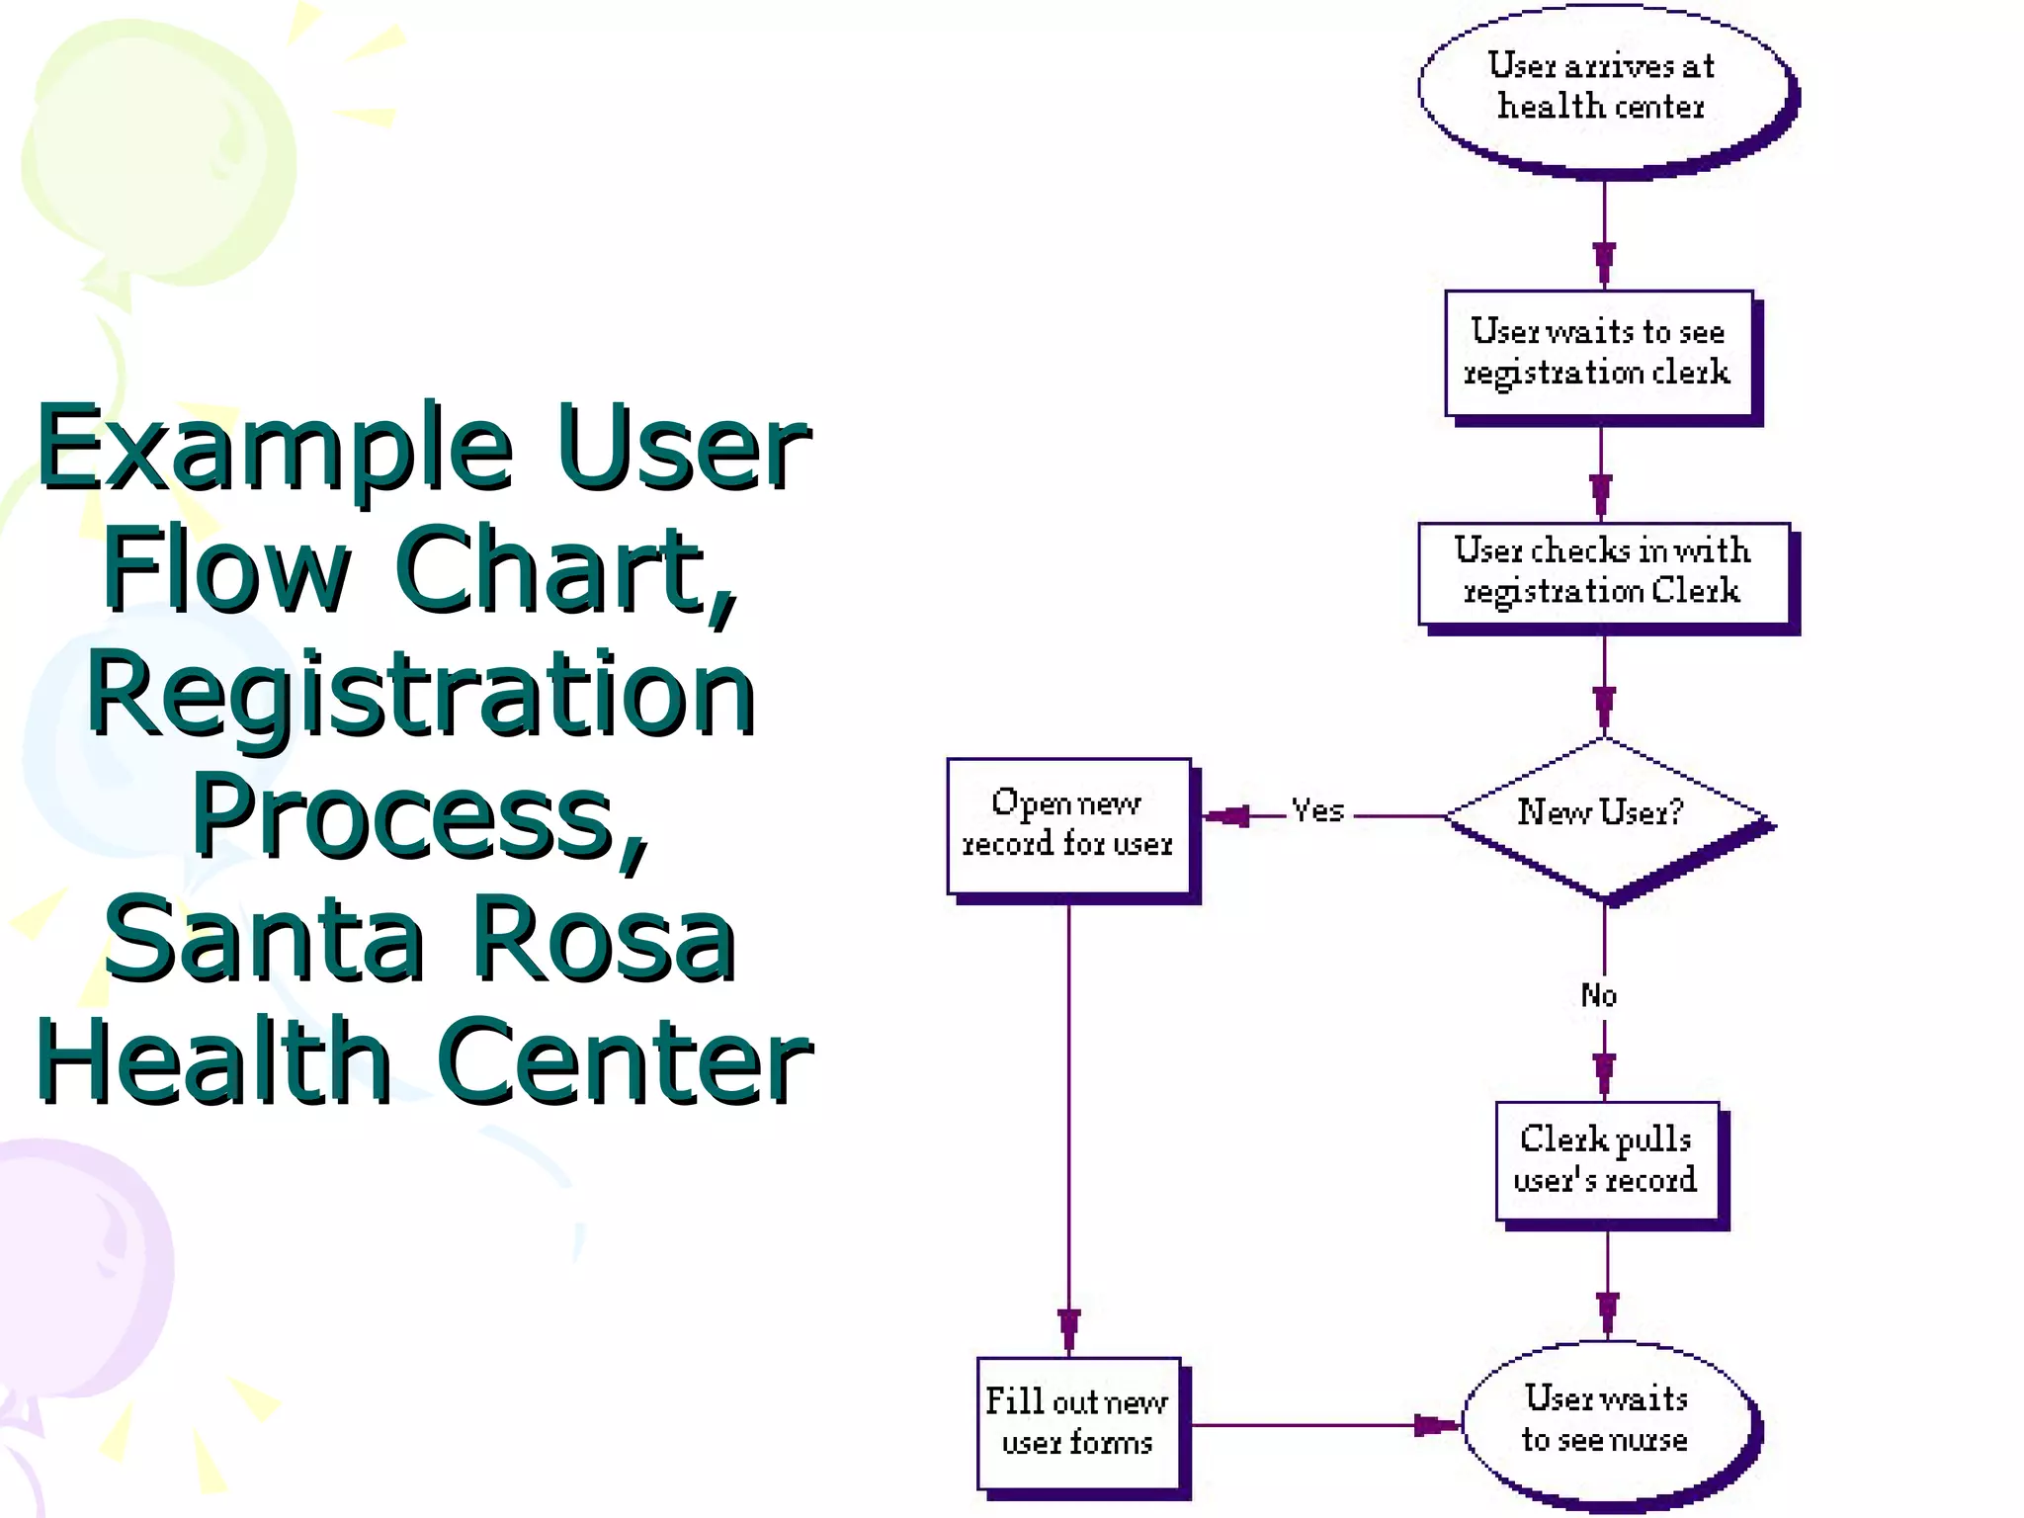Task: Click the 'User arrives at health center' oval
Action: [1602, 87]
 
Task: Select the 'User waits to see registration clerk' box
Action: [1597, 352]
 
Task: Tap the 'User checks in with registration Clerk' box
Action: [1602, 571]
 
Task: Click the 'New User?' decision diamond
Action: [1602, 813]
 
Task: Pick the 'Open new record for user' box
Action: [1067, 824]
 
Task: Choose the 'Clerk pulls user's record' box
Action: [1606, 1160]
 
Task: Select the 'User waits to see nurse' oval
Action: [1606, 1419]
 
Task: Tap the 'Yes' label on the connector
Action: [1317, 811]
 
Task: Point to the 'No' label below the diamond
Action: [1598, 995]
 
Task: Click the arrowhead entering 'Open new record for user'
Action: [1226, 816]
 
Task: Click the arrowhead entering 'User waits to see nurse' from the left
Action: [1435, 1425]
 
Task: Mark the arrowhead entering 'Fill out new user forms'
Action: [1068, 1330]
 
